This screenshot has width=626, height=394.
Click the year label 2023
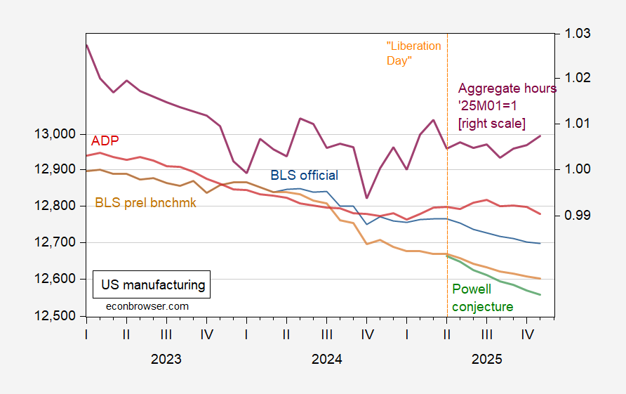(166, 359)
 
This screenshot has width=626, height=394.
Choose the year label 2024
(326, 359)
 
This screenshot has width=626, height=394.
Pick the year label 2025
(486, 359)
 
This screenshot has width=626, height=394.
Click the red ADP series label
(105, 139)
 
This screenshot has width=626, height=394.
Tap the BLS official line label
(305, 176)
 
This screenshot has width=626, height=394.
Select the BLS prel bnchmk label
(145, 203)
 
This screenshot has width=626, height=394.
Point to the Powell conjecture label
(482, 298)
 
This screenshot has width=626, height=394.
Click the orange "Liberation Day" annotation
(413, 53)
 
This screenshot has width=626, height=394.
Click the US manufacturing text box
(153, 285)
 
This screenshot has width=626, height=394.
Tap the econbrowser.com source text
(147, 306)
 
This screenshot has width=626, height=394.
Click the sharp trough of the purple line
(366, 198)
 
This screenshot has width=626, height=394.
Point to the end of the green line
(540, 295)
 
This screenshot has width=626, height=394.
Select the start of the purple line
(86, 45)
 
